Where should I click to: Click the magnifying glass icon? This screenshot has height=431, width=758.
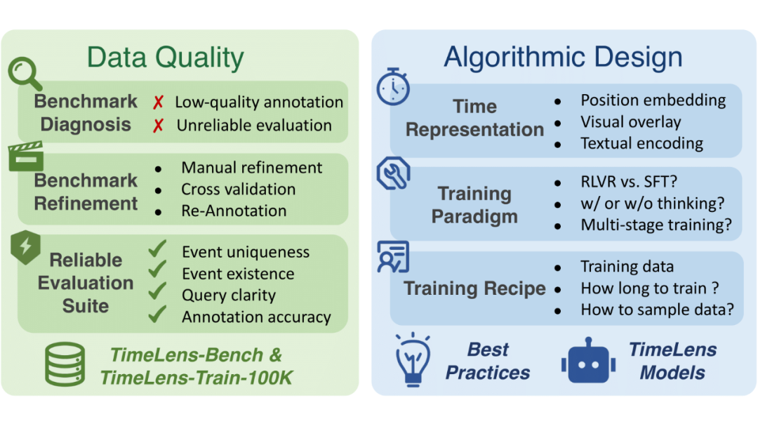[x=25, y=74]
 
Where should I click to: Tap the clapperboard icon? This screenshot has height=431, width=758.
[x=25, y=156]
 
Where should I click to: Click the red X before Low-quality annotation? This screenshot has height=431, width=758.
[x=159, y=102]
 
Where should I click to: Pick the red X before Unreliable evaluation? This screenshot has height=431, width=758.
[x=159, y=126]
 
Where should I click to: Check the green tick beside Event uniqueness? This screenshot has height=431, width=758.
[x=157, y=251]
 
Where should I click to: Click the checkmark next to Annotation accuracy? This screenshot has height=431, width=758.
[x=157, y=314]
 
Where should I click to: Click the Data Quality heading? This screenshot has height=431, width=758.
[x=166, y=58]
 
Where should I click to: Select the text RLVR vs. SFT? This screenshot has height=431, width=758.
[x=628, y=183]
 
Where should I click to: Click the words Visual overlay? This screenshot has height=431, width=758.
[x=630, y=121]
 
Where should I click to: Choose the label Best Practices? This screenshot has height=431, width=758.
[x=488, y=361]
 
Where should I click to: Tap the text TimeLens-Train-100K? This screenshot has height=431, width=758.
[x=196, y=378]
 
